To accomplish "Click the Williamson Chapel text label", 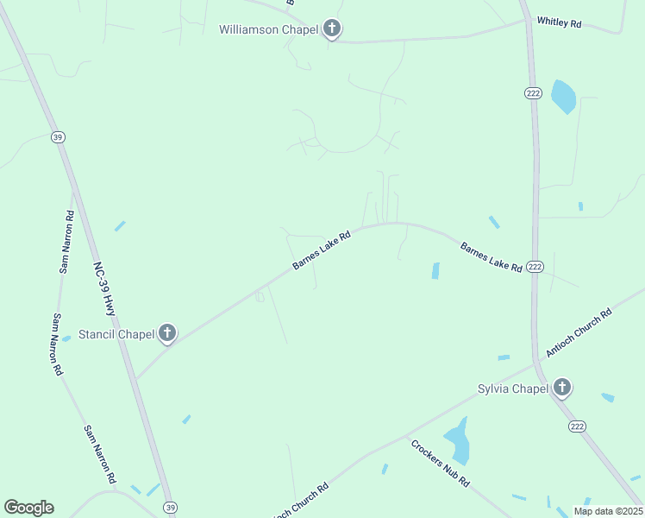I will pyautogui.click(x=268, y=29).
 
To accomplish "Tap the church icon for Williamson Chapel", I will pyautogui.click(x=332, y=29).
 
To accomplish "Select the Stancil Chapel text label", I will pyautogui.click(x=116, y=334).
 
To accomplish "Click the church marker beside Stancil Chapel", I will pyautogui.click(x=167, y=333).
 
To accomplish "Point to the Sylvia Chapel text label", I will pyautogui.click(x=513, y=388).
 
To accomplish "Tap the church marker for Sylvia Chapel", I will pyautogui.click(x=562, y=388).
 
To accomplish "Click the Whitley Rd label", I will pyautogui.click(x=558, y=22).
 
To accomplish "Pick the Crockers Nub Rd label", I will pyautogui.click(x=440, y=464).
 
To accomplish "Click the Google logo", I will pyautogui.click(x=28, y=508).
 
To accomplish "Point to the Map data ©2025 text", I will pyautogui.click(x=607, y=511).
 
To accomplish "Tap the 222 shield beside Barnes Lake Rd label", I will pyautogui.click(x=535, y=267).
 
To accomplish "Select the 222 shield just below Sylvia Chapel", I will pyautogui.click(x=577, y=426).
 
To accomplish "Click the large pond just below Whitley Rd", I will pyautogui.click(x=563, y=97).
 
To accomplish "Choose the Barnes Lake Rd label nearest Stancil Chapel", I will pyautogui.click(x=321, y=250).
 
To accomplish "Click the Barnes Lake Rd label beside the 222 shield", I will pyautogui.click(x=491, y=257).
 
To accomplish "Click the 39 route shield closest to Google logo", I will pyautogui.click(x=170, y=507).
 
